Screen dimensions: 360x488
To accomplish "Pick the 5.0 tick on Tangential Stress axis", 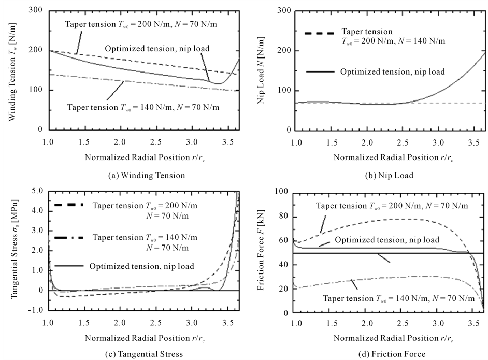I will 37,191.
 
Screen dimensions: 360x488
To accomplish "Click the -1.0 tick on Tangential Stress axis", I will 36,310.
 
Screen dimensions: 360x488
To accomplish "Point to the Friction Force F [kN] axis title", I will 268,251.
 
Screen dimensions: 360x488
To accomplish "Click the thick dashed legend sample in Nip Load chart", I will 318,35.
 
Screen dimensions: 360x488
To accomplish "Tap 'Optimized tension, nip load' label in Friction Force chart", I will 387,240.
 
